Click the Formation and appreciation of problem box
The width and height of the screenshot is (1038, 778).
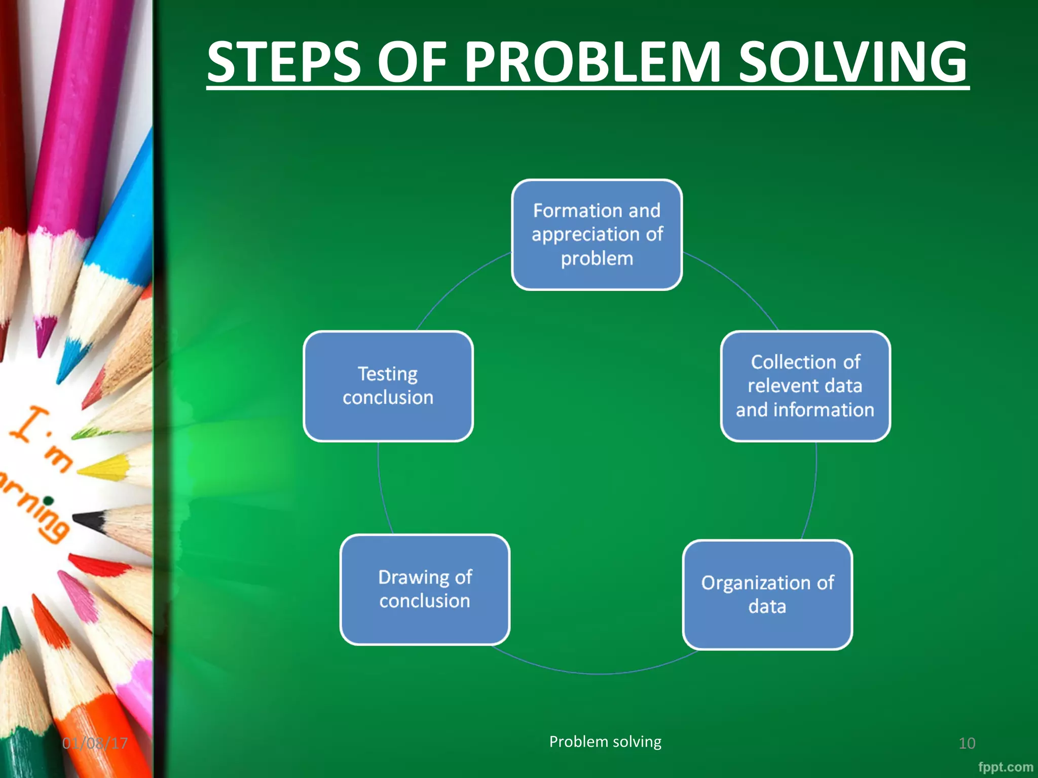click(597, 235)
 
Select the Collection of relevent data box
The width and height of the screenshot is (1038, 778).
click(805, 386)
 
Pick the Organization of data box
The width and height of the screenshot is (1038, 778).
click(767, 595)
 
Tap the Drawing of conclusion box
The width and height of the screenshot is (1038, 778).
click(425, 589)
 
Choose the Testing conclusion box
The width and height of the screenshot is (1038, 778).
click(388, 386)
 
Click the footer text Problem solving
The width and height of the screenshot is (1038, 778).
click(605, 742)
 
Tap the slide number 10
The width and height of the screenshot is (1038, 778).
click(967, 743)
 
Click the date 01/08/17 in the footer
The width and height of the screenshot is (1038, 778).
click(95, 743)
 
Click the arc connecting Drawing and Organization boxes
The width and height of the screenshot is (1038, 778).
click(598, 673)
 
